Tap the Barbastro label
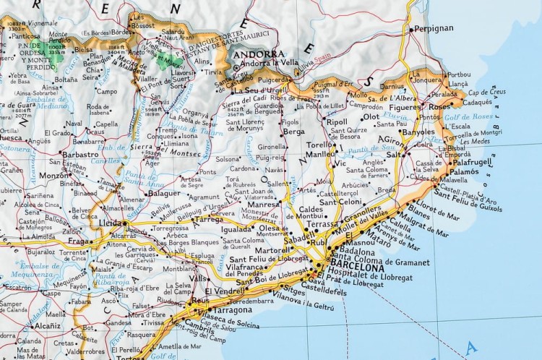tap(80, 154)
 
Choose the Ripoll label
tap(337, 122)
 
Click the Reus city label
tap(200, 299)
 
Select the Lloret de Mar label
tap(436, 207)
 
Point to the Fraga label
tap(79, 241)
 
